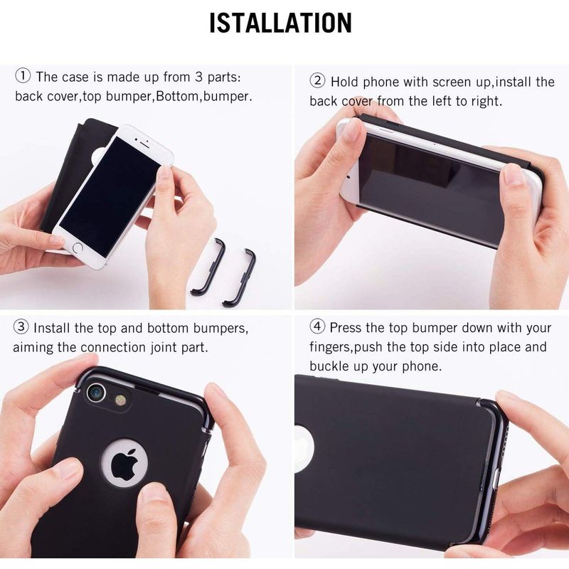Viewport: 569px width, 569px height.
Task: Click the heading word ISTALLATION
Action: (x=280, y=23)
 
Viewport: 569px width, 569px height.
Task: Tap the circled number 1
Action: (x=23, y=76)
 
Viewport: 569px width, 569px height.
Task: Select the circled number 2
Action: (x=317, y=81)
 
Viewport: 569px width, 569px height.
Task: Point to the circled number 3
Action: (x=21, y=328)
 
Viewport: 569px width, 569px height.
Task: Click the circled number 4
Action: (x=317, y=328)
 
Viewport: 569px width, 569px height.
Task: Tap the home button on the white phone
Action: (x=78, y=249)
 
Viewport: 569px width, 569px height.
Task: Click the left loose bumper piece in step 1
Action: (x=209, y=267)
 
